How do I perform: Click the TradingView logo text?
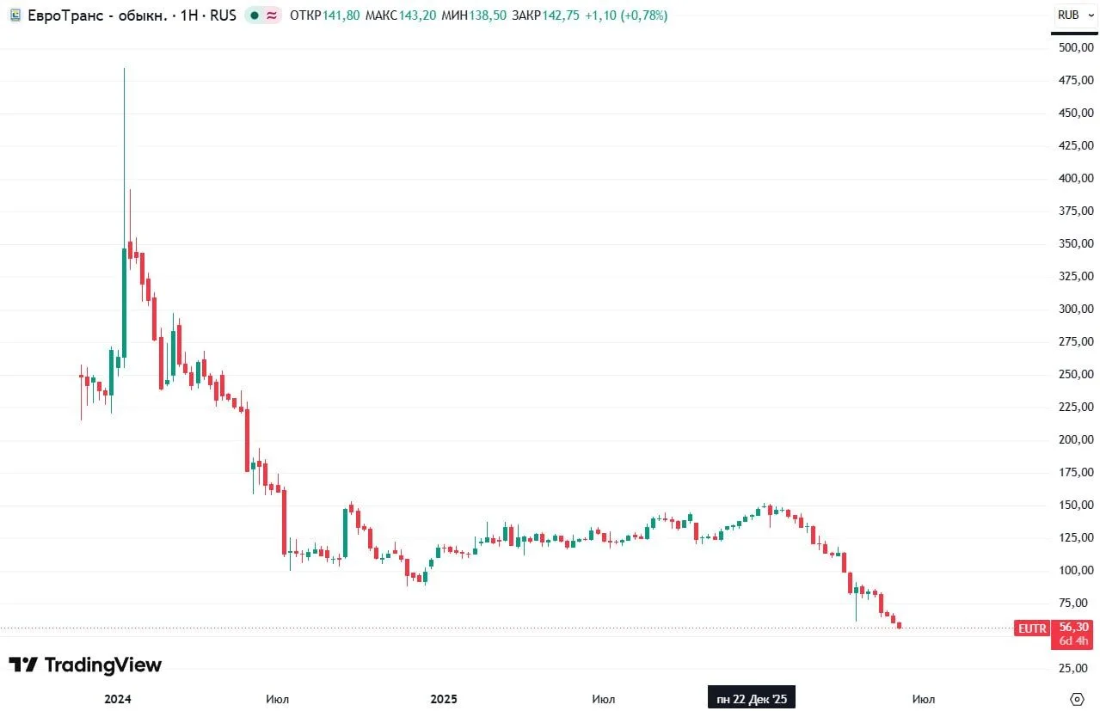click(x=103, y=665)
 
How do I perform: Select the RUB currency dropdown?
click(x=1075, y=15)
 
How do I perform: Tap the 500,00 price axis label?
click(x=1076, y=47)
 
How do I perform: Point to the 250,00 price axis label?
click(x=1076, y=374)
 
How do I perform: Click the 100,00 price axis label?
click(x=1076, y=570)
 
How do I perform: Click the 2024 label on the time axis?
click(x=117, y=699)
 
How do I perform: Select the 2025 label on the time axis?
click(x=444, y=699)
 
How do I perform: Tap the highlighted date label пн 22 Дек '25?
click(x=752, y=698)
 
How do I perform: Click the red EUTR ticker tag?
click(x=1032, y=628)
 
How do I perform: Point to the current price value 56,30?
click(x=1073, y=627)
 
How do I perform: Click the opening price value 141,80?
click(x=341, y=15)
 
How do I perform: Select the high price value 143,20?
click(x=417, y=15)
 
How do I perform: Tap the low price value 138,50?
click(x=488, y=15)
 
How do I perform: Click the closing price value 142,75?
click(x=561, y=15)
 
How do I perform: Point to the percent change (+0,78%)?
click(x=644, y=15)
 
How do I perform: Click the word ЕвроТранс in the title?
click(x=65, y=15)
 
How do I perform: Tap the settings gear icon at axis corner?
click(x=1077, y=699)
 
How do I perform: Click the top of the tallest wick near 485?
click(x=124, y=69)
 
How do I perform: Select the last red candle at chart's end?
click(x=899, y=625)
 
